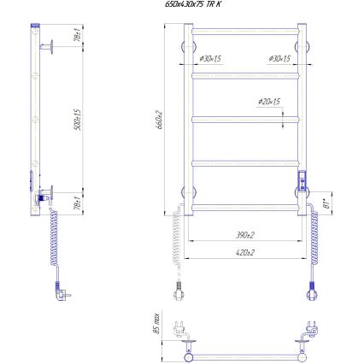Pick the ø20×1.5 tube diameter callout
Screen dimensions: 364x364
point(268,102)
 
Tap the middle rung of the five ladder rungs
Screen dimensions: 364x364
point(244,119)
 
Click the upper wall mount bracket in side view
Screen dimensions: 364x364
point(53,45)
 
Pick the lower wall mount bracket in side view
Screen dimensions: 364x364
point(51,193)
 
